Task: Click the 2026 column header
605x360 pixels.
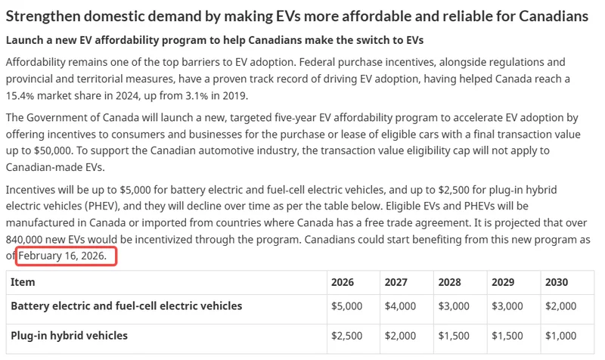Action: pos(342,282)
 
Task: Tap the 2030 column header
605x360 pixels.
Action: pos(556,282)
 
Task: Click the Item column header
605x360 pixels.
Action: pos(23,282)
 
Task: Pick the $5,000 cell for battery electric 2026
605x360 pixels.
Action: pos(347,306)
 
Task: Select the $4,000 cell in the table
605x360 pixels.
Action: pos(400,306)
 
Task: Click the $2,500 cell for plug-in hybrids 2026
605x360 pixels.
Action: pos(347,335)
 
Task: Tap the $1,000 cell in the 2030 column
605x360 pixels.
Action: pos(561,335)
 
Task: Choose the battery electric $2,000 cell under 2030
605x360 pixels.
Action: pos(561,306)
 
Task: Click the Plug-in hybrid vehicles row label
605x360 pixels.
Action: pos(69,335)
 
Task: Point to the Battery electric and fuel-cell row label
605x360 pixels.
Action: pos(126,306)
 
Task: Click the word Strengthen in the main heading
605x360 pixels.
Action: pos(39,16)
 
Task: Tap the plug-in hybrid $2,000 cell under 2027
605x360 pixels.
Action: pos(400,335)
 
